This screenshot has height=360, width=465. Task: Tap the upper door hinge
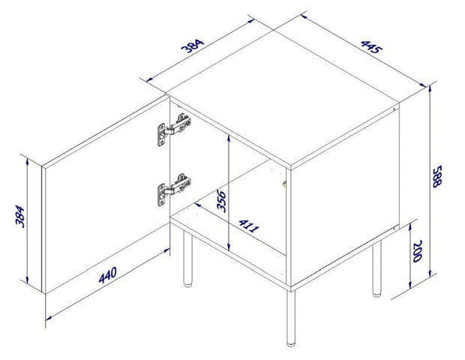coord(172,130)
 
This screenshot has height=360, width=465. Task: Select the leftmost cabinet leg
coord(187,259)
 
